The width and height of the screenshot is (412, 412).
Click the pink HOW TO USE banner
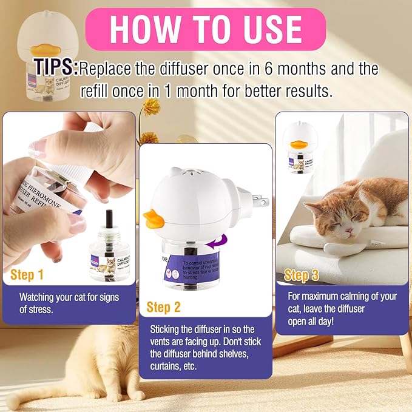206,29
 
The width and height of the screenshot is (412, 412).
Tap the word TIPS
56,67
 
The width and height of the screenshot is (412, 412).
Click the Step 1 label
27,275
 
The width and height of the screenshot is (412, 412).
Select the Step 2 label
164,308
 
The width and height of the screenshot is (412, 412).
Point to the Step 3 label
302,275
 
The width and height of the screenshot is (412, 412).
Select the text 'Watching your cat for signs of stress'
69,303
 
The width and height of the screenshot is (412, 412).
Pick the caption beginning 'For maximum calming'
342,308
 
